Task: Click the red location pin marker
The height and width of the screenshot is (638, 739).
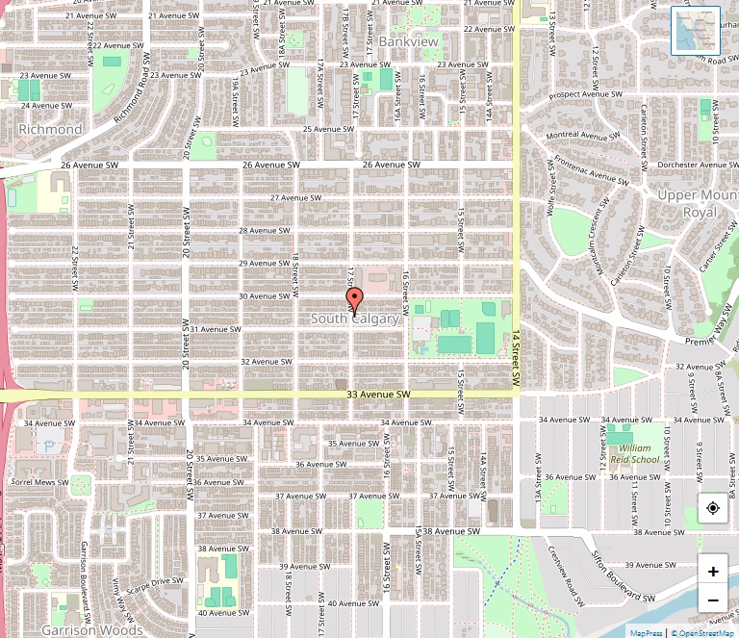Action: tap(354, 299)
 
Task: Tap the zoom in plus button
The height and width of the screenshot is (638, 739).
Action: tap(712, 571)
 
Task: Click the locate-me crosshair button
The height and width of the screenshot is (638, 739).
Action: tap(712, 507)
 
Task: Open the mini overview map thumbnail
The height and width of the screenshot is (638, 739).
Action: tap(695, 31)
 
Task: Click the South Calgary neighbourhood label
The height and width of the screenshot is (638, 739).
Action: tap(354, 319)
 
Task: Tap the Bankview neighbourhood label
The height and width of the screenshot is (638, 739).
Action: tap(408, 42)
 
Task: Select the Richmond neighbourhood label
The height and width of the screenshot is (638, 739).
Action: tap(50, 129)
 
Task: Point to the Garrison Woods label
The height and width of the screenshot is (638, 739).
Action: tap(92, 630)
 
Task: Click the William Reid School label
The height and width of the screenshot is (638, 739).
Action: tap(634, 454)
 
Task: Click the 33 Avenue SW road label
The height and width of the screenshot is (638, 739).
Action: tap(378, 395)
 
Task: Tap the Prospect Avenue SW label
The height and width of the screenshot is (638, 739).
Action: tap(587, 96)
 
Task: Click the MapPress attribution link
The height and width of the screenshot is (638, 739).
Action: tap(646, 632)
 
